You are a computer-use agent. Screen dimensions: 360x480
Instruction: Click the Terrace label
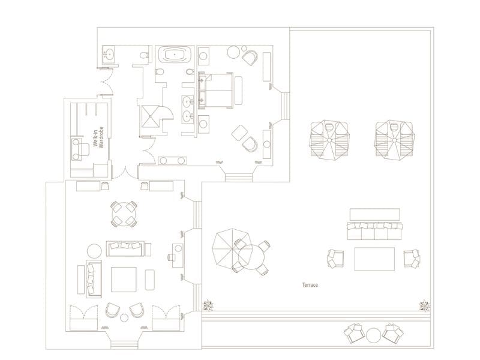(310, 285)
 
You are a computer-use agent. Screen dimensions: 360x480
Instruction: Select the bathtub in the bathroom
(175, 55)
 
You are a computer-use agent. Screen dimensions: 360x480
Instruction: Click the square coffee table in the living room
(124, 278)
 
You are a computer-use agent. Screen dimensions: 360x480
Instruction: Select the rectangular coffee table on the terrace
(374, 259)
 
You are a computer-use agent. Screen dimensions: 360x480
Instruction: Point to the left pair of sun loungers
(329, 140)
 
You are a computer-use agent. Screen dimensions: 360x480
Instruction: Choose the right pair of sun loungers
(394, 140)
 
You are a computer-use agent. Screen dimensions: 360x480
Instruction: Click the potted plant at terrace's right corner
(425, 305)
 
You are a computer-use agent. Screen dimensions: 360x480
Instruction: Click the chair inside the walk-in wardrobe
(79, 148)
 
